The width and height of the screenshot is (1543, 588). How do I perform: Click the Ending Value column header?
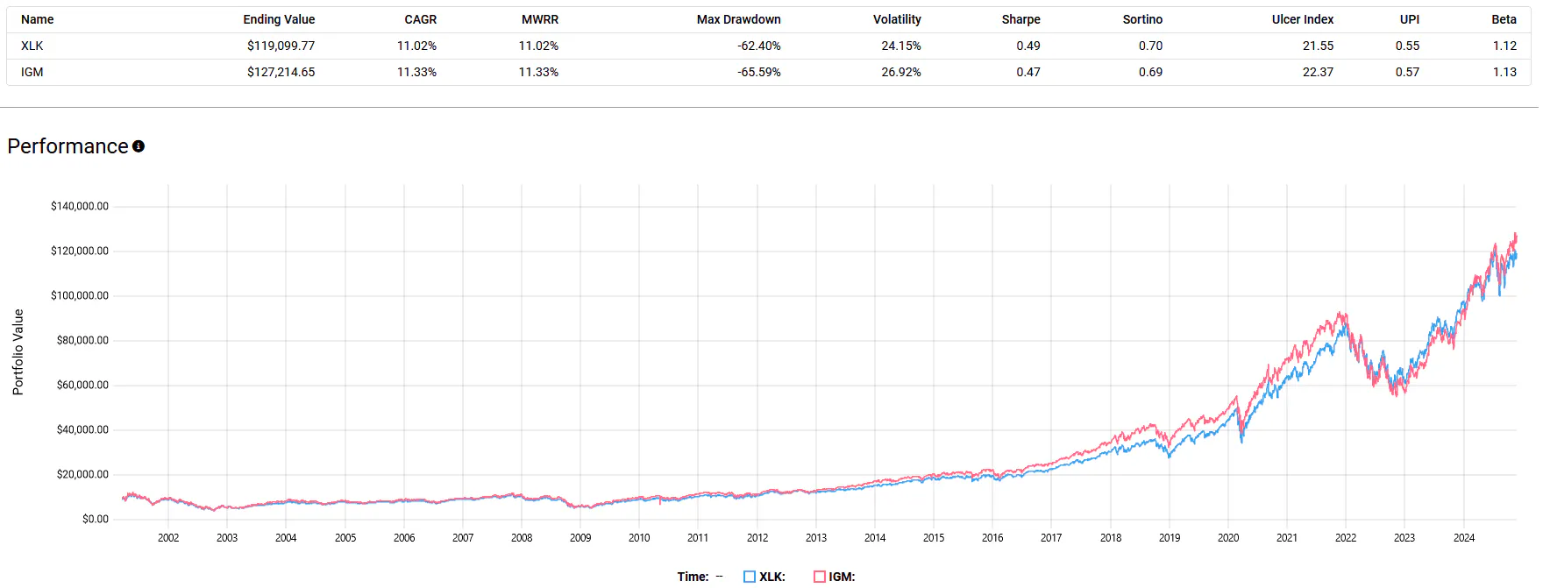point(279,19)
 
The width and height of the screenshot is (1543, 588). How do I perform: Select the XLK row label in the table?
point(32,46)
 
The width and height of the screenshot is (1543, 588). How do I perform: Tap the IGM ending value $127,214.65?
point(281,72)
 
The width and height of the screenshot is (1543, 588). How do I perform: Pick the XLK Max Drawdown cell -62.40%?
point(758,46)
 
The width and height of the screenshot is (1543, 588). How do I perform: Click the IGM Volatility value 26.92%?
point(900,72)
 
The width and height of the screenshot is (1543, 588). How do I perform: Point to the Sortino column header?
point(1142,19)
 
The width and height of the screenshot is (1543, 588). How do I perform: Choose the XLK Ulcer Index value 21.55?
point(1318,46)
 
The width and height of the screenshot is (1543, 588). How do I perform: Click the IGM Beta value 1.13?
point(1504,72)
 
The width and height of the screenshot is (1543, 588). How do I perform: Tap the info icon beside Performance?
point(139,146)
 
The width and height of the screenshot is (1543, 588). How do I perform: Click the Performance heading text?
point(68,146)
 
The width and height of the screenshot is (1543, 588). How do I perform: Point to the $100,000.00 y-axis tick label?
point(80,295)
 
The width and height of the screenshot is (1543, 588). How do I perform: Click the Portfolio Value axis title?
point(18,352)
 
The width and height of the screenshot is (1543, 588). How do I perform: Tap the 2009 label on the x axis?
point(580,538)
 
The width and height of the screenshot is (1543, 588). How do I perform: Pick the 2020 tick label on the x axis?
point(1228,538)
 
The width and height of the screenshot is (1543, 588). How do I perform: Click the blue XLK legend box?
point(750,577)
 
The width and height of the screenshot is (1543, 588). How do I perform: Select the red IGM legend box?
point(820,577)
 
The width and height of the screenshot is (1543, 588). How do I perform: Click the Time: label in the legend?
point(693,577)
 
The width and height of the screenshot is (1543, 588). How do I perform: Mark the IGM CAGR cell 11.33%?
point(416,72)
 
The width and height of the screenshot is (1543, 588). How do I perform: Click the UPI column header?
point(1409,19)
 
